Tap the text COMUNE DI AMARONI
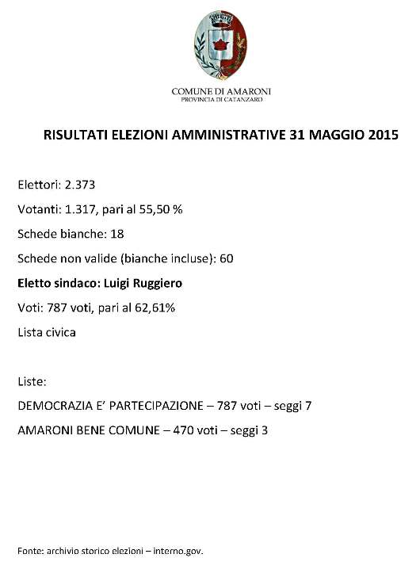tap(220, 92)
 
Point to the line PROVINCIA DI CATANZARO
tap(220, 100)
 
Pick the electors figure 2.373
tap(80, 185)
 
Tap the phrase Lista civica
tap(47, 332)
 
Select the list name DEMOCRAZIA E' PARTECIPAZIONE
tap(110, 406)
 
